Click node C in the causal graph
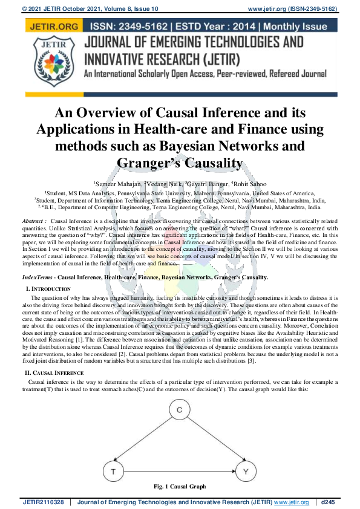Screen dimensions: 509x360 click(179, 412)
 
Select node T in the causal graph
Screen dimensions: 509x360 click(113, 470)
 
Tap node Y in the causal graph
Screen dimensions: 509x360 click(245, 470)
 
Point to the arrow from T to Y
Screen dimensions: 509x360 click(178, 470)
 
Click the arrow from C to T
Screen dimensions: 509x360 click(146, 441)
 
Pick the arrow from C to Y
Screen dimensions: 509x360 click(212, 441)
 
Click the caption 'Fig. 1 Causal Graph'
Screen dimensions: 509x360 click(180, 487)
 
